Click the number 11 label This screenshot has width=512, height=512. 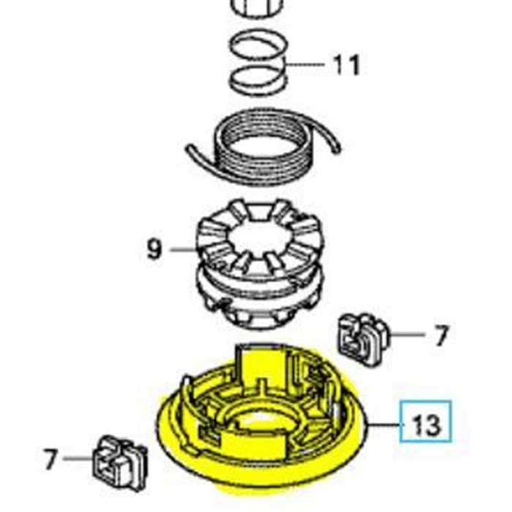click(347, 65)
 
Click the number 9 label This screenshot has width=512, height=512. click(153, 249)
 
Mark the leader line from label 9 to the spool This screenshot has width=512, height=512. click(183, 249)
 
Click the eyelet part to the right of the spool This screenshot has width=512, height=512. click(361, 337)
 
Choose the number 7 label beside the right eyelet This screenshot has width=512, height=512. click(440, 336)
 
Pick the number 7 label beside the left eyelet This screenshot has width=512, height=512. click(50, 459)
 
